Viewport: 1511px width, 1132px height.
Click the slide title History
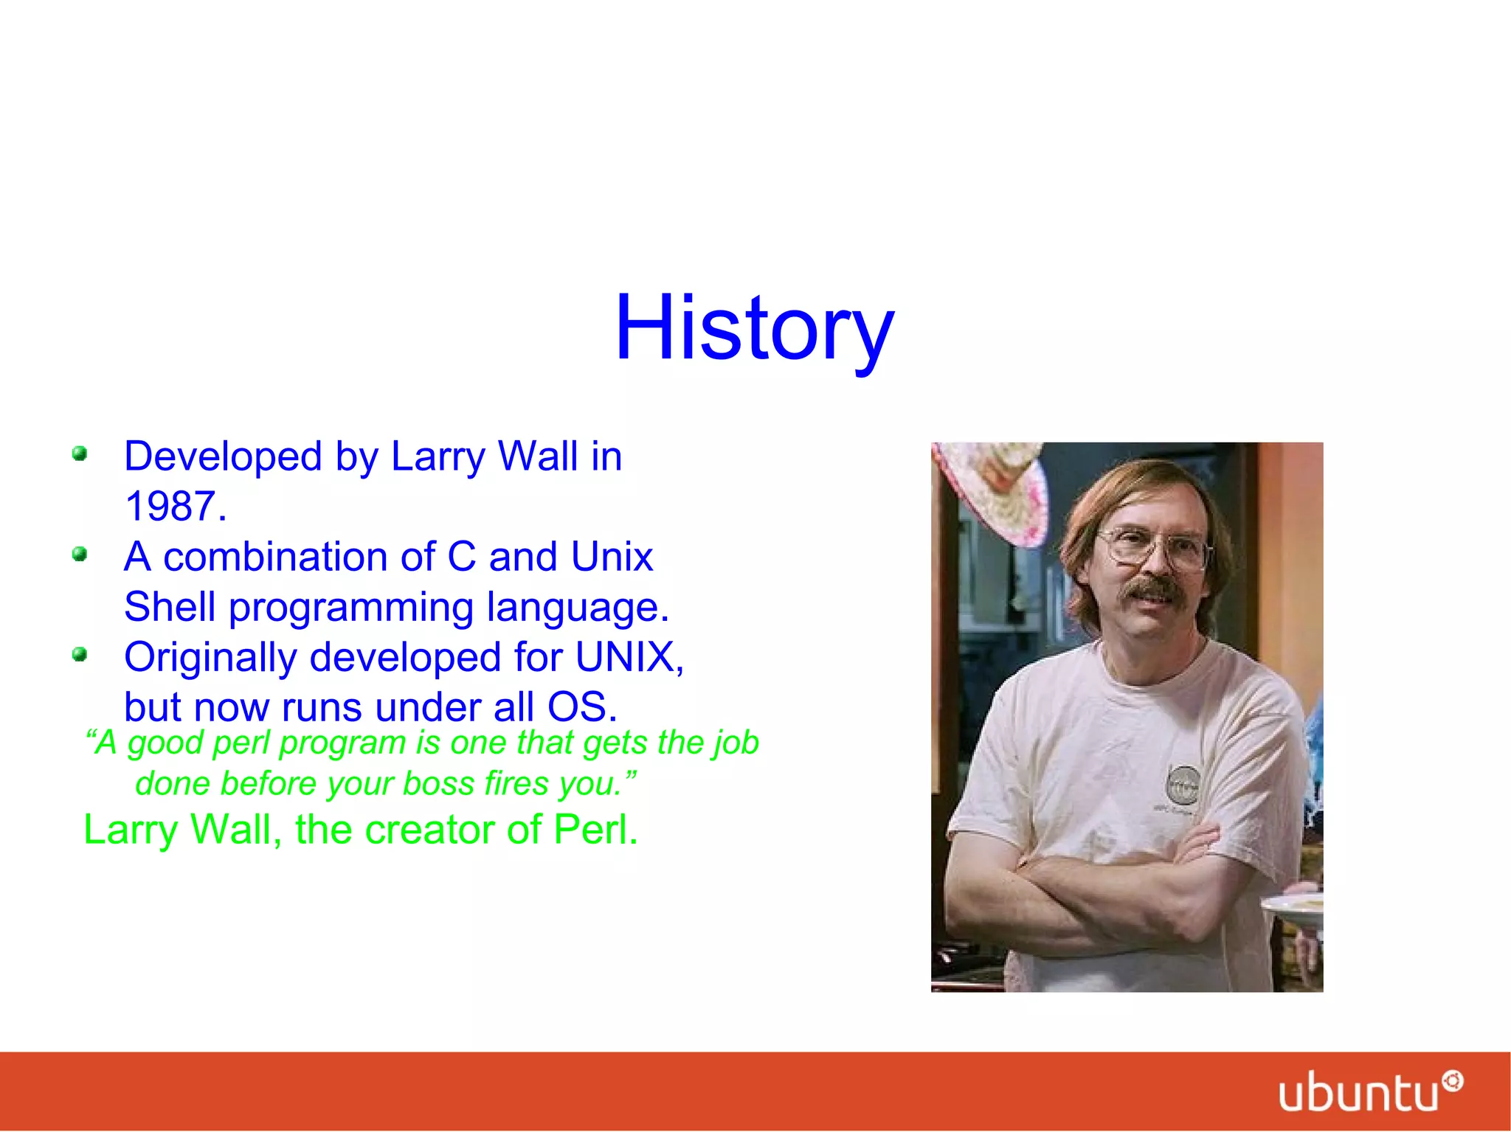754,328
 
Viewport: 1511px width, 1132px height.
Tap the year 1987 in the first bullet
175,507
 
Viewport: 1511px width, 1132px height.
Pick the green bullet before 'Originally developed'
80,654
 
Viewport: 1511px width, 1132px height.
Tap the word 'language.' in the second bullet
577,608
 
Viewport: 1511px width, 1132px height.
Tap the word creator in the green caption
429,830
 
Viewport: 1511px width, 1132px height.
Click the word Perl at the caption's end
595,830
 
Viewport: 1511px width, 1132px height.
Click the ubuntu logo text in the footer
1358,1093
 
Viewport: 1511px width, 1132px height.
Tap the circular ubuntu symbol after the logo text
1453,1082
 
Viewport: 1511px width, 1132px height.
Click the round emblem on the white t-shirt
1183,785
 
